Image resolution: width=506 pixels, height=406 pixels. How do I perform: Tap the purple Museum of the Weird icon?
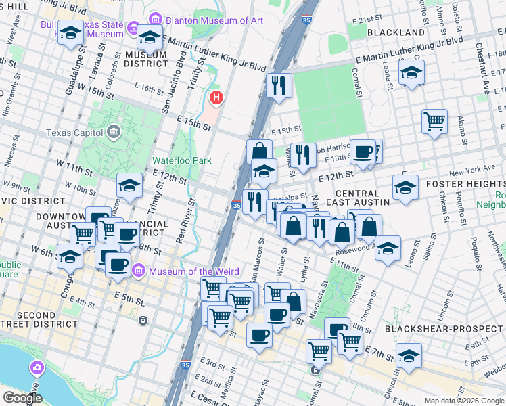pyautogui.click(x=139, y=272)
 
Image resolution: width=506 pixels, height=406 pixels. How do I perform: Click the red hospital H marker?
pyautogui.click(x=216, y=99)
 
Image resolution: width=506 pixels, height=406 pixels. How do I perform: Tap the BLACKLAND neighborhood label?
pyautogui.click(x=396, y=32)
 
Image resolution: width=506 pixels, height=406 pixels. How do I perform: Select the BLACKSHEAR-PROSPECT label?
pyautogui.click(x=444, y=329)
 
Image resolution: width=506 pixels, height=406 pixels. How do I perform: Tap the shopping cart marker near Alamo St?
pyautogui.click(x=434, y=122)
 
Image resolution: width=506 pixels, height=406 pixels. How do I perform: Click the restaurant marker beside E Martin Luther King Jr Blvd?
pyautogui.click(x=279, y=86)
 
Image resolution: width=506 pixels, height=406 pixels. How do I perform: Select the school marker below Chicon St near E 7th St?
pyautogui.click(x=409, y=355)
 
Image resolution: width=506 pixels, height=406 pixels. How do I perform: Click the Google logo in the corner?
pyautogui.click(x=22, y=398)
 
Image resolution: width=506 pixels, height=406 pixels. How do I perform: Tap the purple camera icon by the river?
pyautogui.click(x=37, y=369)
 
